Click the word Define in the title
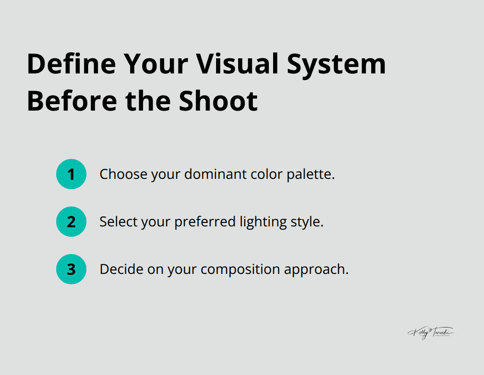[71, 64]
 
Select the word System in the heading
[337, 64]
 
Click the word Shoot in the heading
[218, 101]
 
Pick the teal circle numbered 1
[71, 174]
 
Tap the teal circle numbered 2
[71, 222]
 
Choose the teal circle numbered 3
[71, 269]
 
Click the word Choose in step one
[124, 175]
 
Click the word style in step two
[307, 222]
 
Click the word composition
[240, 270]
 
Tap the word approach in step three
[316, 270]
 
